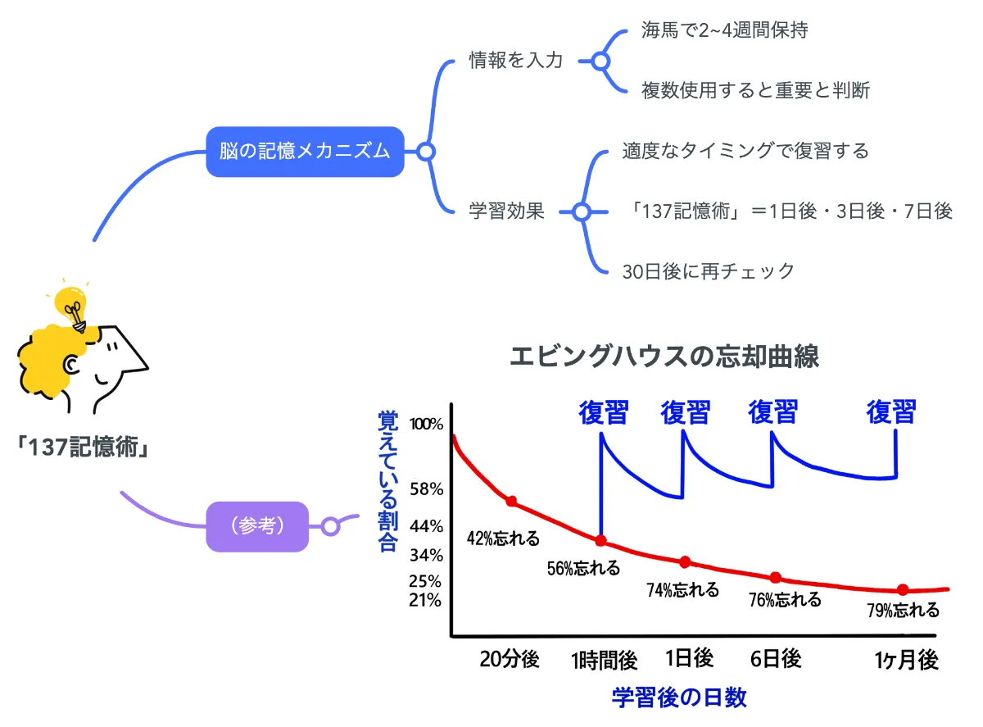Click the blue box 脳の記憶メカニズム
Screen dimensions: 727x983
(x=305, y=152)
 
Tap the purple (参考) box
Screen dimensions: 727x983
(x=258, y=526)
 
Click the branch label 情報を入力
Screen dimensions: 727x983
(x=515, y=61)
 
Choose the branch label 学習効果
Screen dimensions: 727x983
(x=506, y=211)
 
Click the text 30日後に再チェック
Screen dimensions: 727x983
(x=709, y=271)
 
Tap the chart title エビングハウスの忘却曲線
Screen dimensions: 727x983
(x=664, y=357)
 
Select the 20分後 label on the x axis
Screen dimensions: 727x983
(x=510, y=659)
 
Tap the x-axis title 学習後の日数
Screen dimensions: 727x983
(x=679, y=697)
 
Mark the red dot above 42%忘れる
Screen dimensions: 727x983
(x=511, y=501)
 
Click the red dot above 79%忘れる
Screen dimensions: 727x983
(x=903, y=589)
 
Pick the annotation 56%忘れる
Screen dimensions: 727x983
(x=583, y=568)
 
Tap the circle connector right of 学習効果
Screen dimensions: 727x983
(x=581, y=211)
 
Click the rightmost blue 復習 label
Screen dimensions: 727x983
(x=890, y=411)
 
